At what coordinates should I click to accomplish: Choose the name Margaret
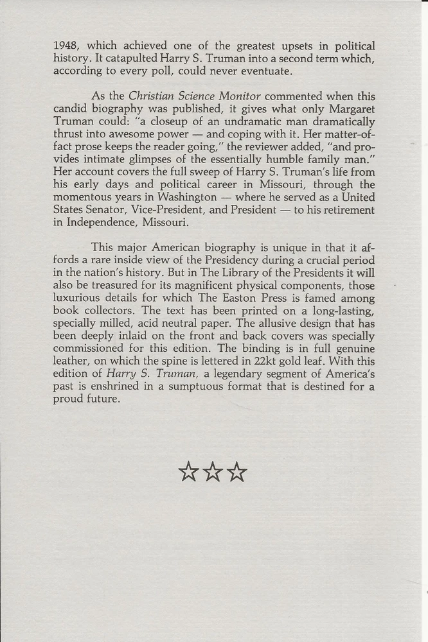[352, 109]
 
